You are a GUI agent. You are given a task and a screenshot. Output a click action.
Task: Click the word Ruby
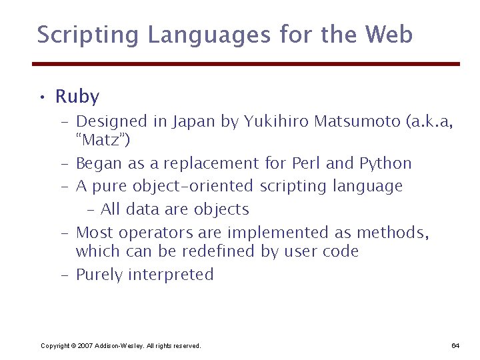pyautogui.click(x=77, y=97)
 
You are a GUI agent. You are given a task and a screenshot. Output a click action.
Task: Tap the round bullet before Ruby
pyautogui.click(x=41, y=99)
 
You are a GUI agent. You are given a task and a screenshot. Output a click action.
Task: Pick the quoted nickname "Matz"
pyautogui.click(x=103, y=141)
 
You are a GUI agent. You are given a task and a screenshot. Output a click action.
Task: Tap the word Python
pyautogui.click(x=385, y=163)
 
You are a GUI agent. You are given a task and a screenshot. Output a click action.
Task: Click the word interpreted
pyautogui.click(x=171, y=275)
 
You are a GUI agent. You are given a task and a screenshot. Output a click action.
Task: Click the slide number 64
pyautogui.click(x=455, y=345)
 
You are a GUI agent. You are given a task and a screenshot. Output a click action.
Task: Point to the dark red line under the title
pyautogui.click(x=246, y=64)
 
